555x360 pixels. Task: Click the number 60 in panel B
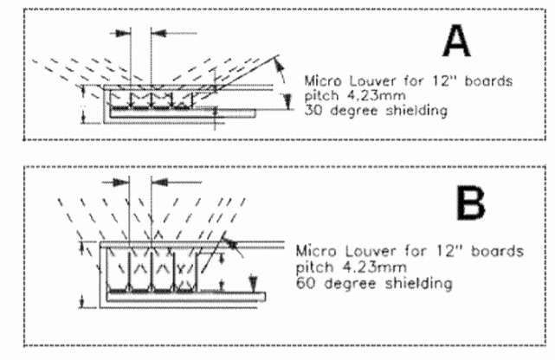coord(303,282)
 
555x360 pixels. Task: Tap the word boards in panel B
coord(500,252)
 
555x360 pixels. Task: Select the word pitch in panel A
coord(319,96)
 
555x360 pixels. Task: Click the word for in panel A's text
coord(399,82)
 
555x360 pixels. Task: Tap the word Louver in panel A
coord(365,82)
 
